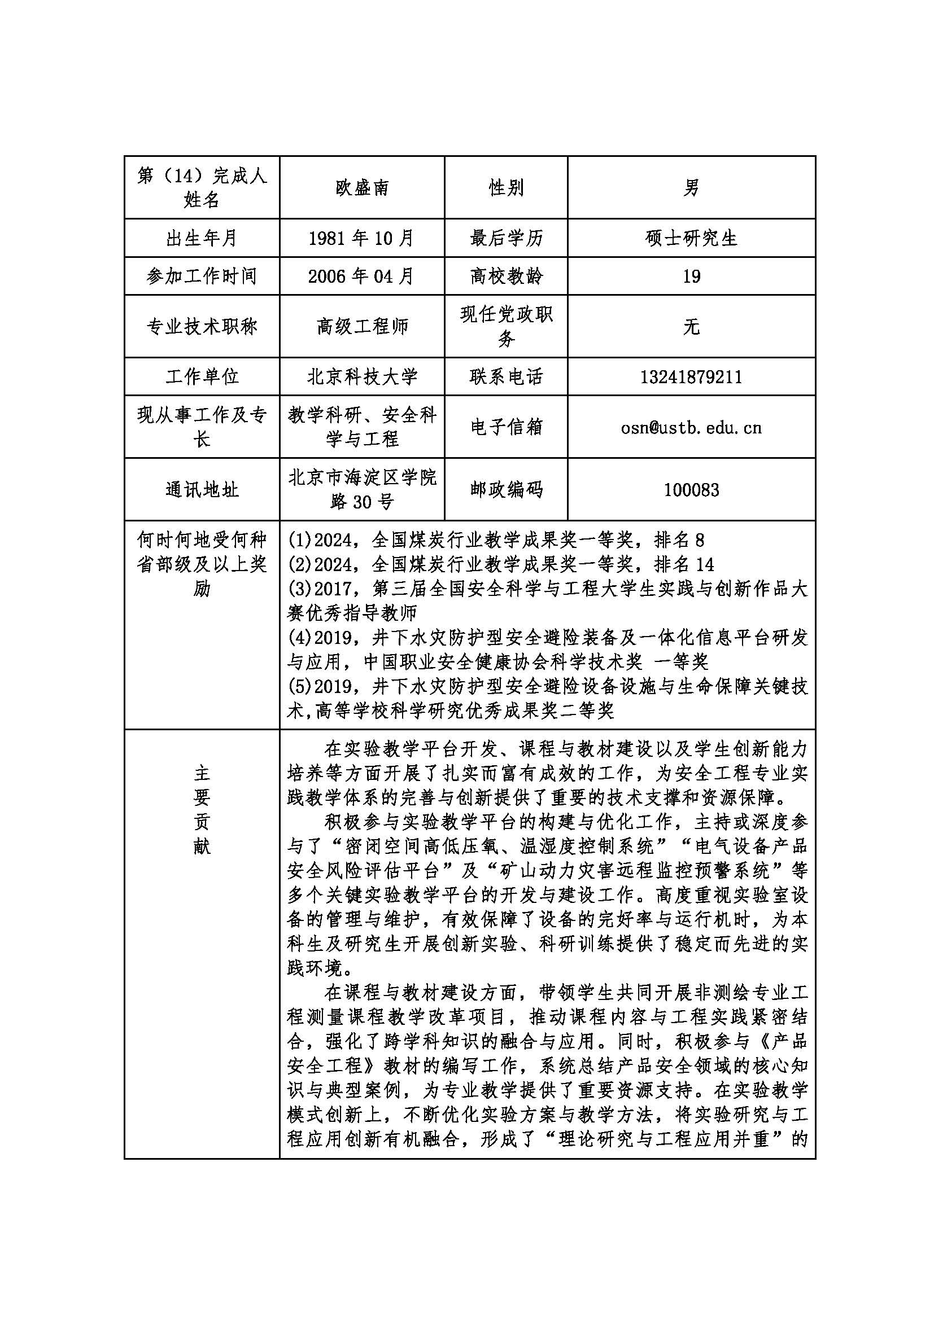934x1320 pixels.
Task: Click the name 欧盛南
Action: point(362,187)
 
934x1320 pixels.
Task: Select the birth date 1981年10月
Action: point(362,238)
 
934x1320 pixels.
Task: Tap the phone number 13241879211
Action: point(691,377)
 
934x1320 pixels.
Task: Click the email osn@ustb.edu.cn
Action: point(691,427)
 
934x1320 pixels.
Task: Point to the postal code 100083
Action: point(691,490)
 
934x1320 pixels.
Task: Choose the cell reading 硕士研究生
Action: point(691,238)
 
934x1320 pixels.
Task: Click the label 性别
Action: point(506,187)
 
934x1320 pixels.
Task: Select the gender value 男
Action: point(691,187)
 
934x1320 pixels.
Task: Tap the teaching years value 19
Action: point(691,277)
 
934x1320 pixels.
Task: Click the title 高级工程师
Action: point(362,327)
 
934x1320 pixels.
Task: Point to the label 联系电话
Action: point(506,377)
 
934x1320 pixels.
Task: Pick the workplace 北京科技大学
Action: point(362,377)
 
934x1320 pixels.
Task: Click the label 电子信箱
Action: point(506,427)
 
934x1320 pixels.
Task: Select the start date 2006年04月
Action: point(362,277)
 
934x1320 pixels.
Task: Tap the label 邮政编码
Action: point(506,490)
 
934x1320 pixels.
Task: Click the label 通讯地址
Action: point(202,490)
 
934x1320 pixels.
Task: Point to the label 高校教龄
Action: point(506,277)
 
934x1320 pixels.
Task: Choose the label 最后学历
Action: point(506,238)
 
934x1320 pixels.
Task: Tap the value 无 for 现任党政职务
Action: point(691,327)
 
